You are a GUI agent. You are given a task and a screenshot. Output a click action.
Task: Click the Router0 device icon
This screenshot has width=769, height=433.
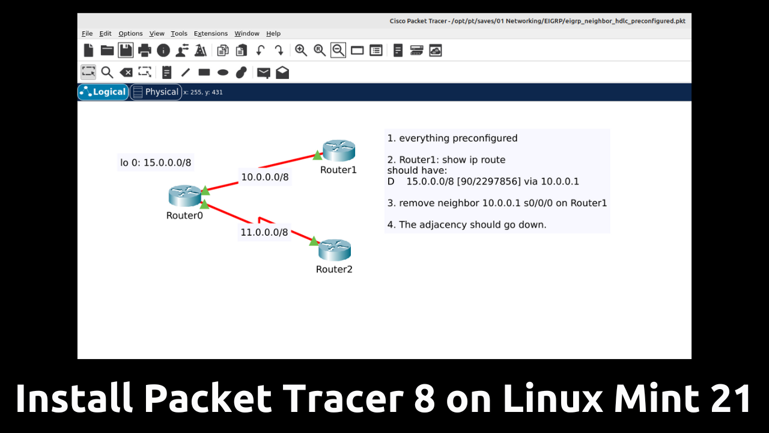point(184,196)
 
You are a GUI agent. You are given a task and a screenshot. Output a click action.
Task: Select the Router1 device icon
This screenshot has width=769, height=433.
point(339,150)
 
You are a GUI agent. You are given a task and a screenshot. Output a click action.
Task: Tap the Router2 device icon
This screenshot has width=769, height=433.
point(335,250)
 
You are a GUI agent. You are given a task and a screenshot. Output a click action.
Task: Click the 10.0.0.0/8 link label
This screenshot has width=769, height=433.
point(265,177)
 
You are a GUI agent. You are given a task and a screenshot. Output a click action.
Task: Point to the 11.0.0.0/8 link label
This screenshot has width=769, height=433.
point(264,232)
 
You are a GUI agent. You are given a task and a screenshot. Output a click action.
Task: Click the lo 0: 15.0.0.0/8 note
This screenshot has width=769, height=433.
point(156,162)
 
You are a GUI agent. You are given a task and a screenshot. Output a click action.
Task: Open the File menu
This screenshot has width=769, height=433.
point(87,33)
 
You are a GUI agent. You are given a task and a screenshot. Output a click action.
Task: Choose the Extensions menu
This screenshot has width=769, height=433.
point(211,33)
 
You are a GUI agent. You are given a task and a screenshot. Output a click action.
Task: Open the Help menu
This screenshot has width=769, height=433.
point(273,33)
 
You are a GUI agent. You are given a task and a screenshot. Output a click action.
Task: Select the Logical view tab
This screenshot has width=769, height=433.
point(103,92)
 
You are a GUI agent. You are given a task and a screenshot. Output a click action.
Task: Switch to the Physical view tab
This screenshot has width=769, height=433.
point(156,92)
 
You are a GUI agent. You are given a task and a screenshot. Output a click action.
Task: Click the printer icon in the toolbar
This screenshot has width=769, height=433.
point(145,51)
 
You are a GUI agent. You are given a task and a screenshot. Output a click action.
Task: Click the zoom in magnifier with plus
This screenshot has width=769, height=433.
point(301,51)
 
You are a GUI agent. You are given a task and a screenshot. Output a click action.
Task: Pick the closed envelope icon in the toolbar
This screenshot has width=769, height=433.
point(264,73)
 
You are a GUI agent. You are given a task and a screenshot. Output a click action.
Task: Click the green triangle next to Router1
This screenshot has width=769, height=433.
point(317,156)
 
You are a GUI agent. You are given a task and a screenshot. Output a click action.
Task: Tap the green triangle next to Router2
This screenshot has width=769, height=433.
point(314,241)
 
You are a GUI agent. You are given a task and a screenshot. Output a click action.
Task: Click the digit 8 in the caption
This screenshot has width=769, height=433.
point(425,398)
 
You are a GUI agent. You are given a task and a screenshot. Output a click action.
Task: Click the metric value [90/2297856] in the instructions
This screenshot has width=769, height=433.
point(489,182)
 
